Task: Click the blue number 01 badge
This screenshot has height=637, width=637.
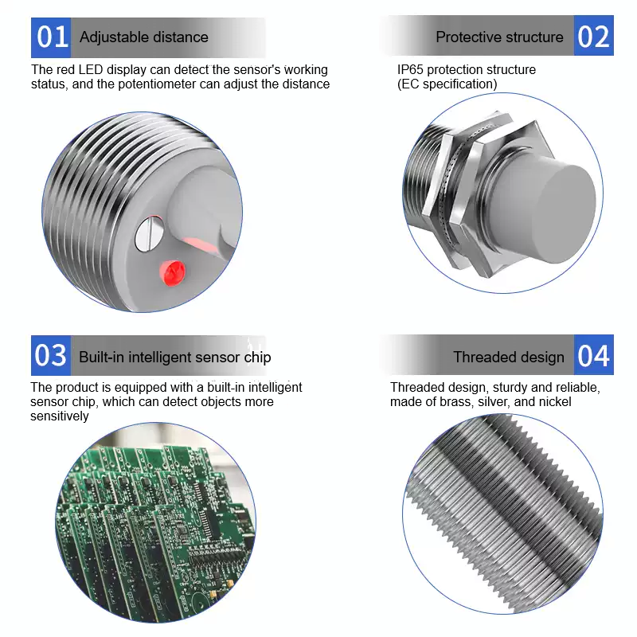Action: pyautogui.click(x=51, y=37)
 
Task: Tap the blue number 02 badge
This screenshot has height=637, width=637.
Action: pyautogui.click(x=593, y=36)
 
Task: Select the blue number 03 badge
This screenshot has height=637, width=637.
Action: pyautogui.click(x=51, y=355)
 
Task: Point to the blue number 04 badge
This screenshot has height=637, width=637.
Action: pyautogui.click(x=593, y=354)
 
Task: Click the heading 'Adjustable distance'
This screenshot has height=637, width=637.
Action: pyautogui.click(x=144, y=37)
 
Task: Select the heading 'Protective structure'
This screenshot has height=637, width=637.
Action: pyautogui.click(x=500, y=37)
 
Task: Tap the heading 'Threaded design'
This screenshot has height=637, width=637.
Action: pyautogui.click(x=509, y=357)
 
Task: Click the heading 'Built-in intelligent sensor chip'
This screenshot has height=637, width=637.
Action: pyautogui.click(x=175, y=357)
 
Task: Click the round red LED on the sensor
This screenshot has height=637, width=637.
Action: pyautogui.click(x=173, y=273)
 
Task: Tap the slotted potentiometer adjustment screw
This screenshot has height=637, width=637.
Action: pyautogui.click(x=149, y=234)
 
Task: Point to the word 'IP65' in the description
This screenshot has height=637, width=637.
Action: pyautogui.click(x=410, y=69)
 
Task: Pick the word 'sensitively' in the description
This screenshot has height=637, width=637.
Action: pyautogui.click(x=59, y=416)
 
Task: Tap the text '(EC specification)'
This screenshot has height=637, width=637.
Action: pyautogui.click(x=447, y=84)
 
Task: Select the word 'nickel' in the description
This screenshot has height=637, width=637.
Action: pyautogui.click(x=554, y=402)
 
